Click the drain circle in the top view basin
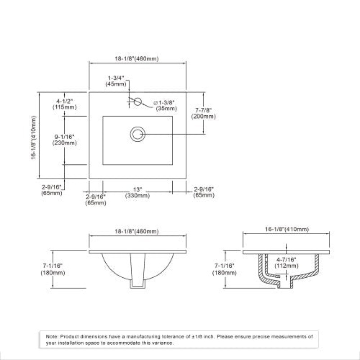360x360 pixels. click(x=138, y=134)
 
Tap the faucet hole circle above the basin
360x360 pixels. click(x=138, y=102)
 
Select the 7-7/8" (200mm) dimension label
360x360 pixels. click(x=203, y=114)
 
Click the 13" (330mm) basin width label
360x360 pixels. click(x=137, y=193)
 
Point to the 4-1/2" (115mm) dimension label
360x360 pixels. click(x=64, y=104)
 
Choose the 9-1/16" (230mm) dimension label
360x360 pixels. click(x=64, y=140)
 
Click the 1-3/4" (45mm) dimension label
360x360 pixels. click(x=116, y=81)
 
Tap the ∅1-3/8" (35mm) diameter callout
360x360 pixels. click(x=165, y=106)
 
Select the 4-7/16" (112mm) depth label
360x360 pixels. click(x=286, y=263)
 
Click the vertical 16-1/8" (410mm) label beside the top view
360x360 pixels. click(x=33, y=138)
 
